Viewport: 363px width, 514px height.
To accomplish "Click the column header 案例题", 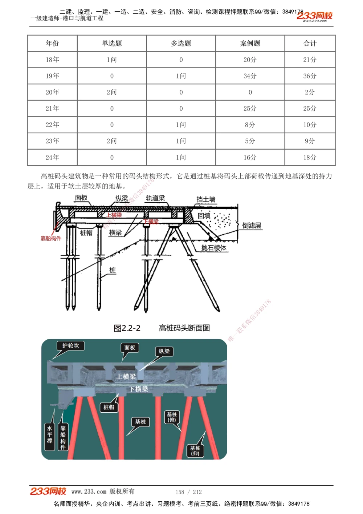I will (x=250, y=43).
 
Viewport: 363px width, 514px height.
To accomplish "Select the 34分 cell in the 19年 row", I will (x=250, y=76).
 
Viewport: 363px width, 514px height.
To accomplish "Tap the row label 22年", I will (x=52, y=125).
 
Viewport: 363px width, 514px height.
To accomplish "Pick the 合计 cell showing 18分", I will (x=310, y=157).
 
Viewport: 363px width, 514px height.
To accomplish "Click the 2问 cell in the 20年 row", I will (x=112, y=92).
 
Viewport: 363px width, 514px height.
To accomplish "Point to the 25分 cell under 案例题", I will (x=250, y=108).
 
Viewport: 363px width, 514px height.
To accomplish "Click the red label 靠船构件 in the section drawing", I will (x=51, y=238).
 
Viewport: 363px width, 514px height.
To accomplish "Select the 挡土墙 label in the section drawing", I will (x=206, y=199).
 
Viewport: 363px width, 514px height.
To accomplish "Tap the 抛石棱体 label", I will (x=214, y=248).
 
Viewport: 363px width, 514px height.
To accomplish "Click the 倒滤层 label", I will (x=252, y=226).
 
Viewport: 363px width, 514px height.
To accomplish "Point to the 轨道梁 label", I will (x=155, y=198).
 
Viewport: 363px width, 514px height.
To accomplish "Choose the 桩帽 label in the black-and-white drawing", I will (x=86, y=233).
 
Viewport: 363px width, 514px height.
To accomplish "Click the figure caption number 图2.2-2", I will (x=127, y=328).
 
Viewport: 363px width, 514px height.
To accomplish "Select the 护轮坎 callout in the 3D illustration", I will (x=70, y=345).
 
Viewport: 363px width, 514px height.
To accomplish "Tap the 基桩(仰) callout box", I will (x=195, y=450).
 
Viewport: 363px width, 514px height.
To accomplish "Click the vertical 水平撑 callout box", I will (x=50, y=434).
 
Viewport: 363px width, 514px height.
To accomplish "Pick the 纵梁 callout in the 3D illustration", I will (x=164, y=351).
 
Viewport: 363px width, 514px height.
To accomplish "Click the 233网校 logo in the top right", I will (x=314, y=16).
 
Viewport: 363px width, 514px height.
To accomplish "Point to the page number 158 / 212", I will (x=189, y=492).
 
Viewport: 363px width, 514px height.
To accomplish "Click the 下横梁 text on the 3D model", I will (x=139, y=389).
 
